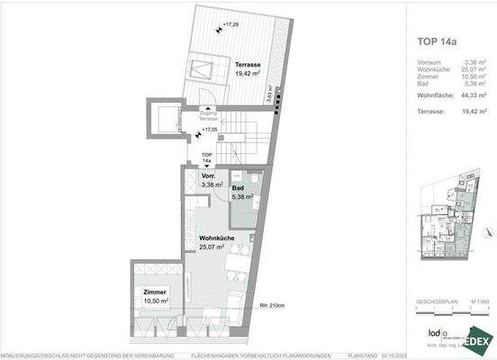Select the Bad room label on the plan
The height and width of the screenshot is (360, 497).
tap(241, 188)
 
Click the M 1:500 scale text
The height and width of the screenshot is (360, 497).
tap(480, 301)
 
